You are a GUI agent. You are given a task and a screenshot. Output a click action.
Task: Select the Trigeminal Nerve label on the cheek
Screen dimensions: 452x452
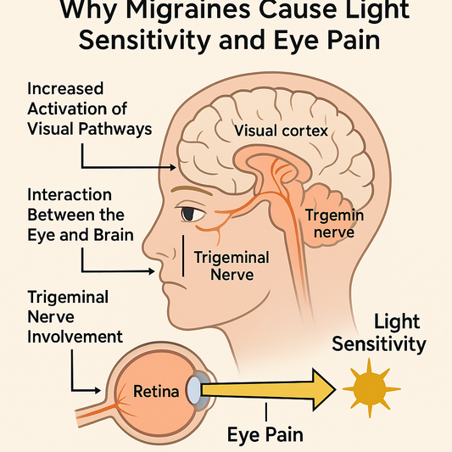tap(232, 265)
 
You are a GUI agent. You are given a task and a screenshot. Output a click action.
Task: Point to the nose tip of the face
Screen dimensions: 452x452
tap(152, 271)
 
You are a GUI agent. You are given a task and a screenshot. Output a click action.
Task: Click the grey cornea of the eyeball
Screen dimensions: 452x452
tap(193, 390)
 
